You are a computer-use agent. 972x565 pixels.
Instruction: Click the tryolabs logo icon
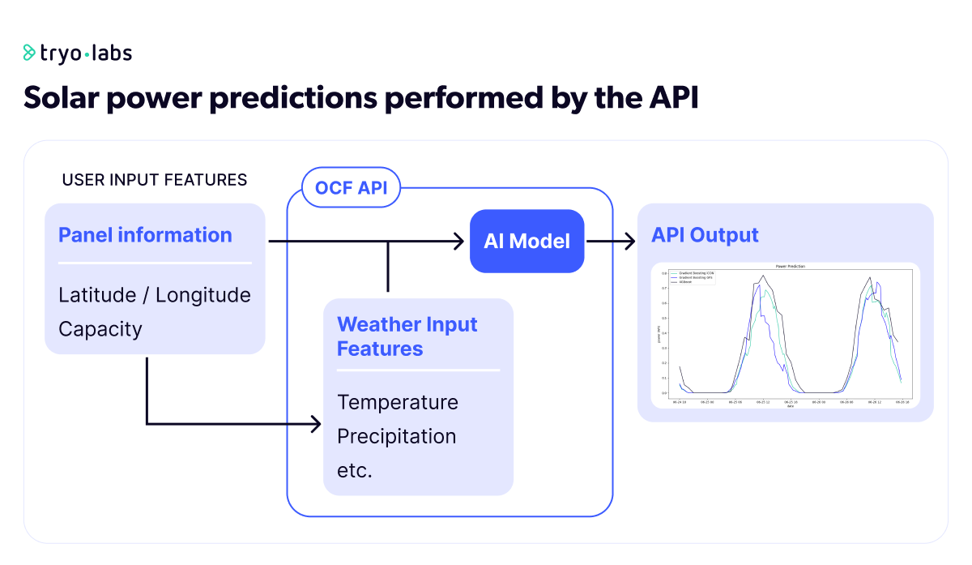(x=30, y=54)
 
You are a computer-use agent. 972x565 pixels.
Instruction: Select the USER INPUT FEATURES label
(x=155, y=179)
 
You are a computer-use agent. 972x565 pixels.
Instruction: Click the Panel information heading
(x=145, y=235)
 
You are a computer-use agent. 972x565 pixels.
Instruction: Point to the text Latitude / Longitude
(x=155, y=295)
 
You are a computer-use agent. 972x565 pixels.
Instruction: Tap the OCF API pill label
(x=351, y=189)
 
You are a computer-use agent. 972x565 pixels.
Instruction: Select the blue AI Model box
(x=527, y=241)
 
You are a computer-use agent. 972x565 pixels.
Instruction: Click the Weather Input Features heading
(x=407, y=336)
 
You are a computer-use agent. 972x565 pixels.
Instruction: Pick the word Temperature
(x=398, y=402)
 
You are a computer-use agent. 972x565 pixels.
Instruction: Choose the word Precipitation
(x=396, y=436)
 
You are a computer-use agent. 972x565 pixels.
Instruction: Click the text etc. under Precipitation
(x=354, y=470)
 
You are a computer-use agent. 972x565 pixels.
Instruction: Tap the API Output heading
(x=705, y=235)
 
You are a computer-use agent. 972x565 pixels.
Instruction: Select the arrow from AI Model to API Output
(x=611, y=241)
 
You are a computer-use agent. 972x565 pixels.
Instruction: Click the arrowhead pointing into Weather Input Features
(x=316, y=423)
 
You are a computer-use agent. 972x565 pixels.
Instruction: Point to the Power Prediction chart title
(x=790, y=266)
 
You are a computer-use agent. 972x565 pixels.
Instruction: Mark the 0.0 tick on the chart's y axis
(x=663, y=393)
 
